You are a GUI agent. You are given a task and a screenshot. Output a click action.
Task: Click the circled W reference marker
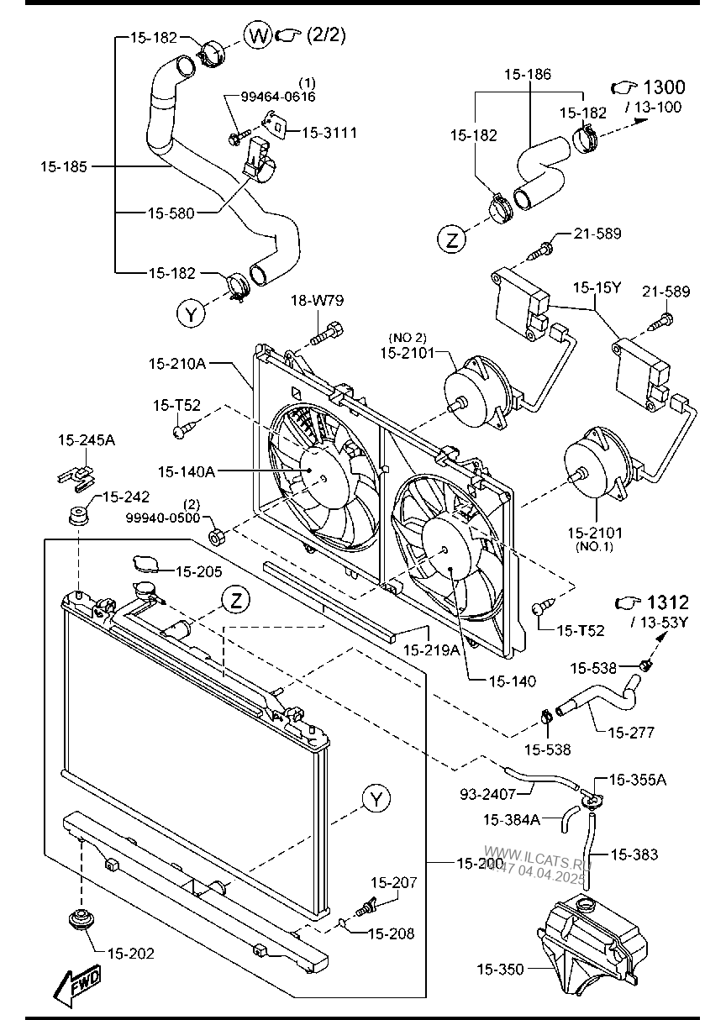[x=257, y=35]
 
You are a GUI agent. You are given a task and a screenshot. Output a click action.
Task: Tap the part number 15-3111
[x=329, y=133]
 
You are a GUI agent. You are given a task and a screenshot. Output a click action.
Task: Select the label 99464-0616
[x=278, y=97]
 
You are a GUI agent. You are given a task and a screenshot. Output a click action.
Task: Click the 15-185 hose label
[x=63, y=166]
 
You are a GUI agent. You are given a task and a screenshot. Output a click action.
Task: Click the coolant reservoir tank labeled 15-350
[x=592, y=946]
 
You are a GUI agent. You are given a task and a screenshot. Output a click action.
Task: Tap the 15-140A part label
[x=187, y=471]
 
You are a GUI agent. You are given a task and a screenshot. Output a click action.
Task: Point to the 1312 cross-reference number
[x=668, y=602]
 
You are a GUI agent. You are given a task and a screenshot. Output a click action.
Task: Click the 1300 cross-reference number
[x=664, y=87]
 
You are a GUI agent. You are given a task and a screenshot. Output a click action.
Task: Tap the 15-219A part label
[x=432, y=650]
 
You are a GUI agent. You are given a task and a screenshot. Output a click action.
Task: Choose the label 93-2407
[x=487, y=795]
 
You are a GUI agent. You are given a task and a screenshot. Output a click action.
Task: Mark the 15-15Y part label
[x=597, y=287]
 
